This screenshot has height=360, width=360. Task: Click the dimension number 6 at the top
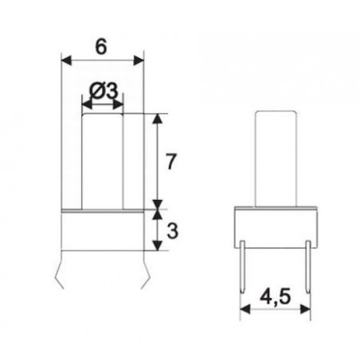click(101, 47)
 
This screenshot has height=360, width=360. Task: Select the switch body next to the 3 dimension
click(103, 231)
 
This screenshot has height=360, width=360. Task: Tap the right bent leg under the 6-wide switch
click(146, 273)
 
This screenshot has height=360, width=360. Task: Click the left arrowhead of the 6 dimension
click(66, 60)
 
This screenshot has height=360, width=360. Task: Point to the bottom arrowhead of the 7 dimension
click(157, 204)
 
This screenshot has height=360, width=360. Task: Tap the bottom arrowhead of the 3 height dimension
click(157, 247)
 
